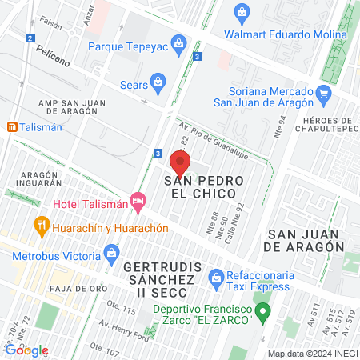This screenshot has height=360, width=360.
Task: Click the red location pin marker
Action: (x=180, y=164)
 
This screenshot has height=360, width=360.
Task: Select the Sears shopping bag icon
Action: (x=158, y=81)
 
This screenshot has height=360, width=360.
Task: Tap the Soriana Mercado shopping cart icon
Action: (x=323, y=94)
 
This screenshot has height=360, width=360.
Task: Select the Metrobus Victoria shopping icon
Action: (x=112, y=256)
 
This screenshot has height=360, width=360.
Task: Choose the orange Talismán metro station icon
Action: (x=12, y=127)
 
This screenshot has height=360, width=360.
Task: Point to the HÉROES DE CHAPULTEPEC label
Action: (x=325, y=126)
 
